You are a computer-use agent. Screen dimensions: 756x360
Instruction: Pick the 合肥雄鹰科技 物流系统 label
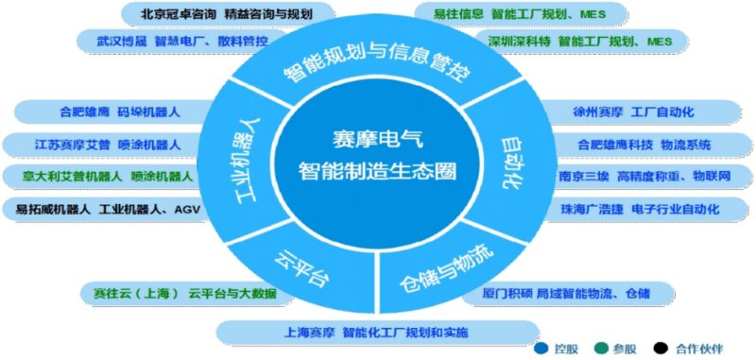[x=644, y=145]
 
